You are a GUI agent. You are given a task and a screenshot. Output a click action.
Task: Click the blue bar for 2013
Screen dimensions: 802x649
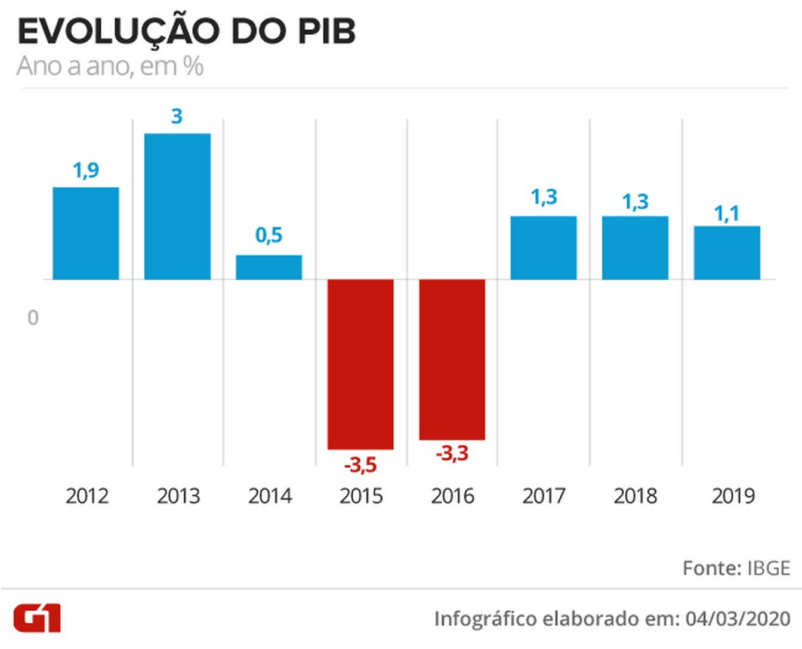coord(177,206)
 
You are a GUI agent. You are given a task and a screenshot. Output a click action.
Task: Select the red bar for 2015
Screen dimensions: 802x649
coord(360,364)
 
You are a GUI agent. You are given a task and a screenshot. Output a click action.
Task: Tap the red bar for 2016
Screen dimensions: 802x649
coord(452,360)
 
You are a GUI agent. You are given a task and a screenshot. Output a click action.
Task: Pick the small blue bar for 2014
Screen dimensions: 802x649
coord(269,267)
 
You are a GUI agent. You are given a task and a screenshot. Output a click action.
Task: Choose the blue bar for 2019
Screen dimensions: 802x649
coord(727,252)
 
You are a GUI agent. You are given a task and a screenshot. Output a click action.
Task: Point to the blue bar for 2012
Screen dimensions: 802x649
coord(86,233)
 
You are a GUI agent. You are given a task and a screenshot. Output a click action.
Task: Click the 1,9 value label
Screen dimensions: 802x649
coord(86,170)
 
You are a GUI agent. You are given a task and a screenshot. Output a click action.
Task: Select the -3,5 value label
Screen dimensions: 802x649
coord(360,465)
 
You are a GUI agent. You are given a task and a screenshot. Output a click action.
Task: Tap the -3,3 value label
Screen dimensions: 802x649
coord(452,453)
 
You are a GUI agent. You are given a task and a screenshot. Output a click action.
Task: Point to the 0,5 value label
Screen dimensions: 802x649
coord(269,235)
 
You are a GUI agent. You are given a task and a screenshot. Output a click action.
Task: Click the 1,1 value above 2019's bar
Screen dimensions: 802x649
coord(727,214)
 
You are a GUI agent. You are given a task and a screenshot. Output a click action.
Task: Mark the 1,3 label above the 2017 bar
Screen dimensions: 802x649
coord(544,197)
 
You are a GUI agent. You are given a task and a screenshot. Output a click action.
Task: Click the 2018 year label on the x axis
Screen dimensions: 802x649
coord(636,496)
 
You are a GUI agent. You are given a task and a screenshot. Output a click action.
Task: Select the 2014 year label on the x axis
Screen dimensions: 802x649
coord(270,496)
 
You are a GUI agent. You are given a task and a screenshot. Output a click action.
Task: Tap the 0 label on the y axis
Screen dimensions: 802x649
coord(33,318)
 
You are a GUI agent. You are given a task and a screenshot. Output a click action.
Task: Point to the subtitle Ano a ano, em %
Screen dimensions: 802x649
coord(110,66)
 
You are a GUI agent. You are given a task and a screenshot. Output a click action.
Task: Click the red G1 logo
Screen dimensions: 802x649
coord(37,619)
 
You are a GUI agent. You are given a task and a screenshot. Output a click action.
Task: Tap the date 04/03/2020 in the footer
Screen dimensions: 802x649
coord(738,619)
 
